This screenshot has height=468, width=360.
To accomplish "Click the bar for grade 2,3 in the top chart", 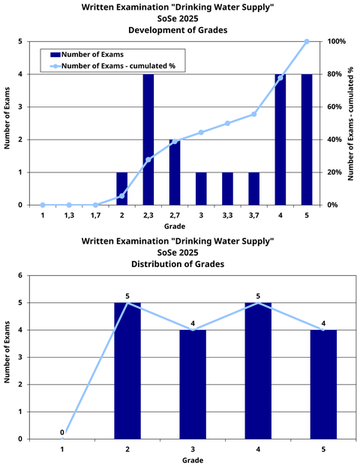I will tap(148, 139).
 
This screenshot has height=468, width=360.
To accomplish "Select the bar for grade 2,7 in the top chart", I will tap(175, 172).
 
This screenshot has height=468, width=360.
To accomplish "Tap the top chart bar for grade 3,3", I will tap(227, 188).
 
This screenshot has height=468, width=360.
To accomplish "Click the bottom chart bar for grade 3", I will tap(193, 384).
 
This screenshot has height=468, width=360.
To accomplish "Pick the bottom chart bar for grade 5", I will tap(323, 384).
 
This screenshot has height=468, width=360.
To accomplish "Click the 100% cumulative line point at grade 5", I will tap(306, 41).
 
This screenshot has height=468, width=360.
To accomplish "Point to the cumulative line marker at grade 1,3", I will tap(69, 205).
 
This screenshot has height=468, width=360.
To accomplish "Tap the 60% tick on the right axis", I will tap(335, 107).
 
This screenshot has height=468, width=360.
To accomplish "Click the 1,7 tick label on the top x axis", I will tap(95, 215).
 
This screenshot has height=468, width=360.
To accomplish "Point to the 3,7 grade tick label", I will tap(253, 215).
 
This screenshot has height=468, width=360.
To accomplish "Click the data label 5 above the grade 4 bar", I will tap(258, 296).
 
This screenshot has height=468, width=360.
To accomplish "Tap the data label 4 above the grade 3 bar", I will tap(193, 324).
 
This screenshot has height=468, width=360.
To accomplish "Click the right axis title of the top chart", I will tap(352, 123).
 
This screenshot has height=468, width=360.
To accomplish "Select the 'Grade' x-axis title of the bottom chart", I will tap(193, 460).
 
